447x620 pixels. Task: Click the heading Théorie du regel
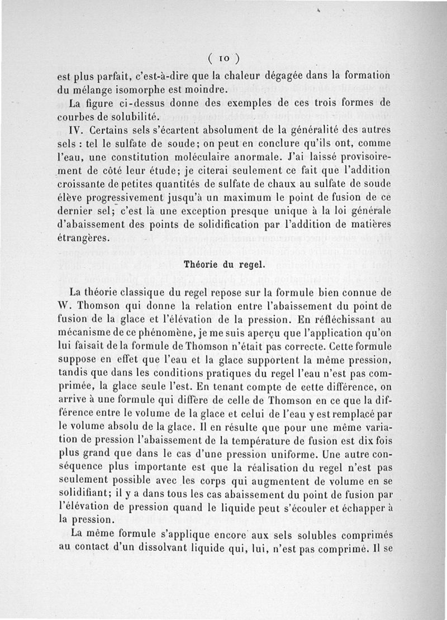[x=223, y=264]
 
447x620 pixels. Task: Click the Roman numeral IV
[x=77, y=130]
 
